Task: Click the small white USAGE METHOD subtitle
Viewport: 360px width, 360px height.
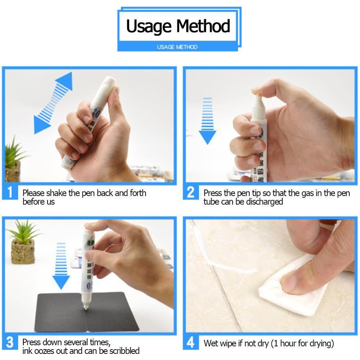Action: pos(177,47)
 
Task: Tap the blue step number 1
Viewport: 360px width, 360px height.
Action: pos(10,192)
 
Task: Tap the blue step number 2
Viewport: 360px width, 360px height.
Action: pos(191,192)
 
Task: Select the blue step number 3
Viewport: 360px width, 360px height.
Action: pos(10,342)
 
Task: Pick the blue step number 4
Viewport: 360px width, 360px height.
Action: pos(191,342)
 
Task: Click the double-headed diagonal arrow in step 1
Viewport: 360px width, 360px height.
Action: pos(53,103)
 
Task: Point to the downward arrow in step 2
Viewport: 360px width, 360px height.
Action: pos(207,121)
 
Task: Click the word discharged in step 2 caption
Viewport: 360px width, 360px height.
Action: pos(264,202)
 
